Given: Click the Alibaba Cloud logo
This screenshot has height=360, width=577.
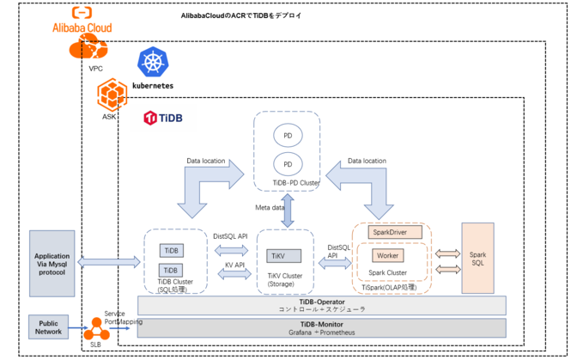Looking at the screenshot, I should click(82, 21).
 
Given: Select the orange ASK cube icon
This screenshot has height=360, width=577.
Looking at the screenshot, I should click(110, 93).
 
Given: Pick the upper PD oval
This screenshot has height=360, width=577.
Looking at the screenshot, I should click(287, 135).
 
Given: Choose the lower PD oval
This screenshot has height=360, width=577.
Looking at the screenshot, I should click(287, 163).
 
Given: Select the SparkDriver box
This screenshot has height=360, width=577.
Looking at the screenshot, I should click(392, 232).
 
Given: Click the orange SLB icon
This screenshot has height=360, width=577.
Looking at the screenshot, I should click(95, 329).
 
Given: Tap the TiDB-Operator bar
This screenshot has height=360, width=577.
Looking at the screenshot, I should click(322, 304).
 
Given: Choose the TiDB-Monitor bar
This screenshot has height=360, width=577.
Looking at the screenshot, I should click(322, 326).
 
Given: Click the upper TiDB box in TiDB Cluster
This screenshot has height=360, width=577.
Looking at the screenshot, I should click(173, 250).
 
